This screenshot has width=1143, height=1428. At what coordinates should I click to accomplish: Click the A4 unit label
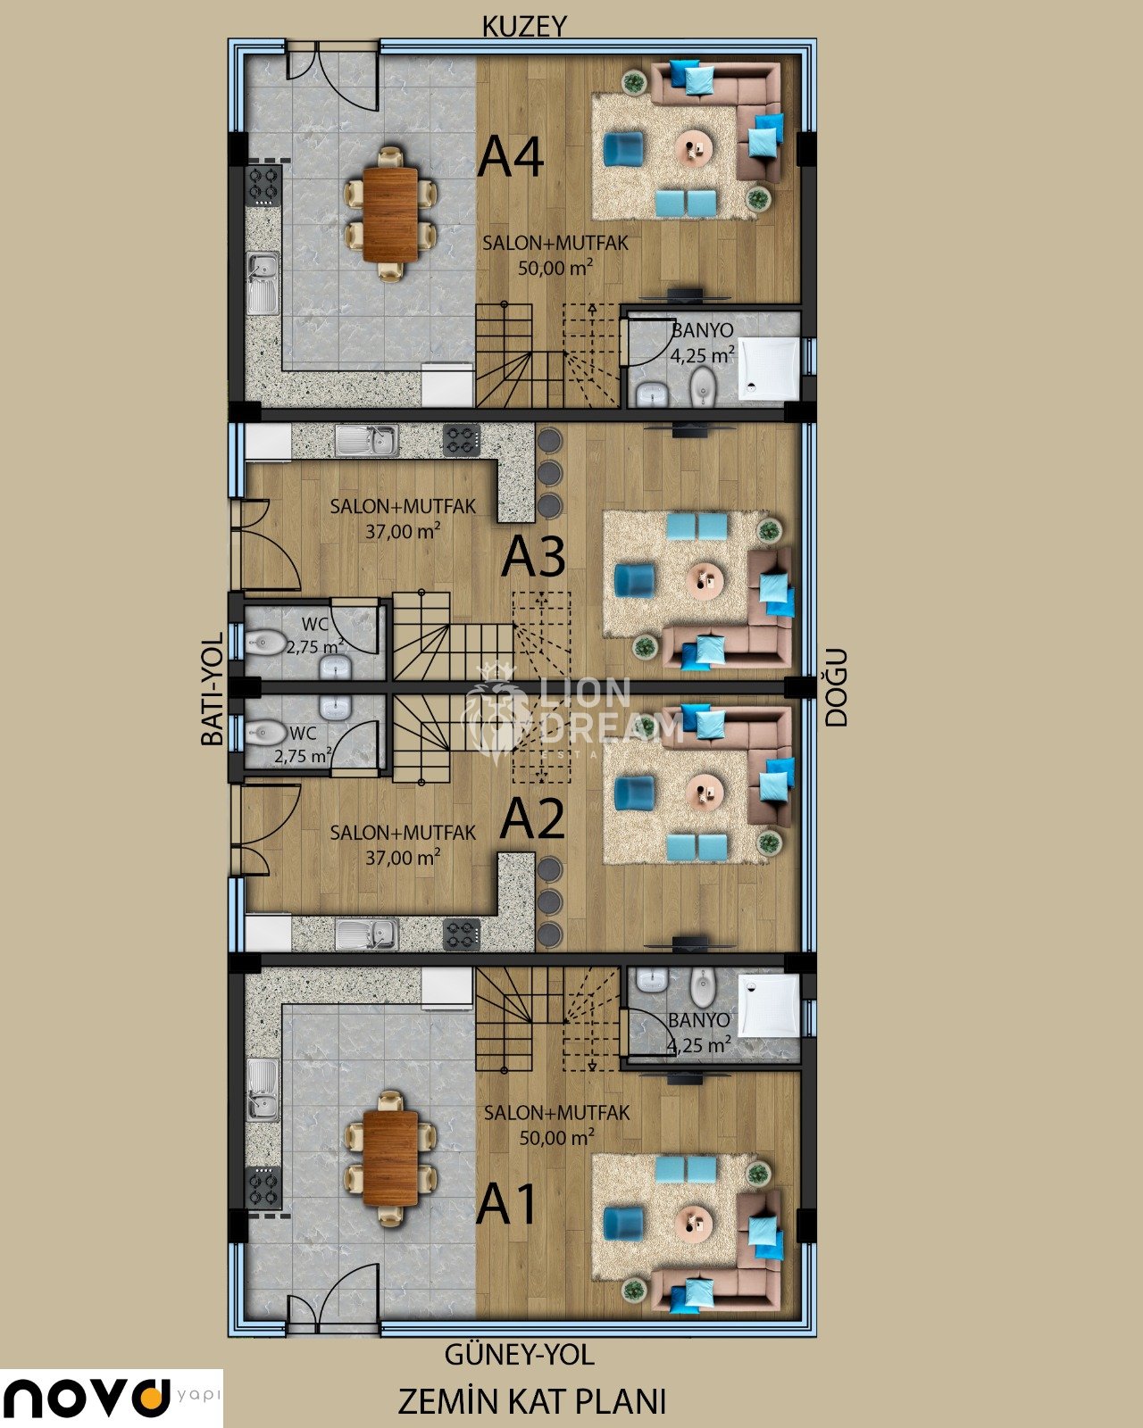[511, 156]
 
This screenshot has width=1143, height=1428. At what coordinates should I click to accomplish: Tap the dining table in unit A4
[390, 214]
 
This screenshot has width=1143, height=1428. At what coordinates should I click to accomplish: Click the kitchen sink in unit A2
[367, 934]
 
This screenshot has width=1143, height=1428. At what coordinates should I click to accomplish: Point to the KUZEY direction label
[524, 27]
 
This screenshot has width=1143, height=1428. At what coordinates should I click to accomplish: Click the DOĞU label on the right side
[837, 688]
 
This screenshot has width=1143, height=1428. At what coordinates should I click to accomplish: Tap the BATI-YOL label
[212, 689]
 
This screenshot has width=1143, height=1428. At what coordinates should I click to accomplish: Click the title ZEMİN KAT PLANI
[531, 1401]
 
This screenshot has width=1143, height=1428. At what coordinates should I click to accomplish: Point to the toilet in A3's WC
[265, 643]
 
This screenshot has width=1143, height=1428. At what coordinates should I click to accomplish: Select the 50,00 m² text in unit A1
[556, 1139]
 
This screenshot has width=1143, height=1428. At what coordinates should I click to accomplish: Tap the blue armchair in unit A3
[634, 580]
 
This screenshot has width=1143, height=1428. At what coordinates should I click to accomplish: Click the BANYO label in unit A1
[698, 1020]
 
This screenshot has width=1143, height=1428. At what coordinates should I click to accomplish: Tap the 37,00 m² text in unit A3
[403, 532]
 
